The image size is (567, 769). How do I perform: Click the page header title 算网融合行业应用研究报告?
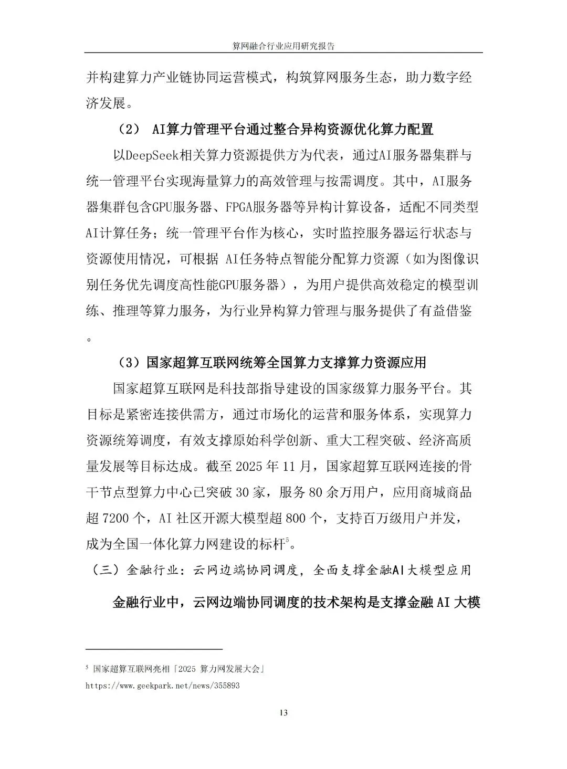(283, 46)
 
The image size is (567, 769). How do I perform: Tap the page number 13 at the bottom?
(283, 712)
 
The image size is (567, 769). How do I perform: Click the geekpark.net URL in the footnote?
(162, 686)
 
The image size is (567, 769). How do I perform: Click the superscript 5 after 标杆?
(288, 540)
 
